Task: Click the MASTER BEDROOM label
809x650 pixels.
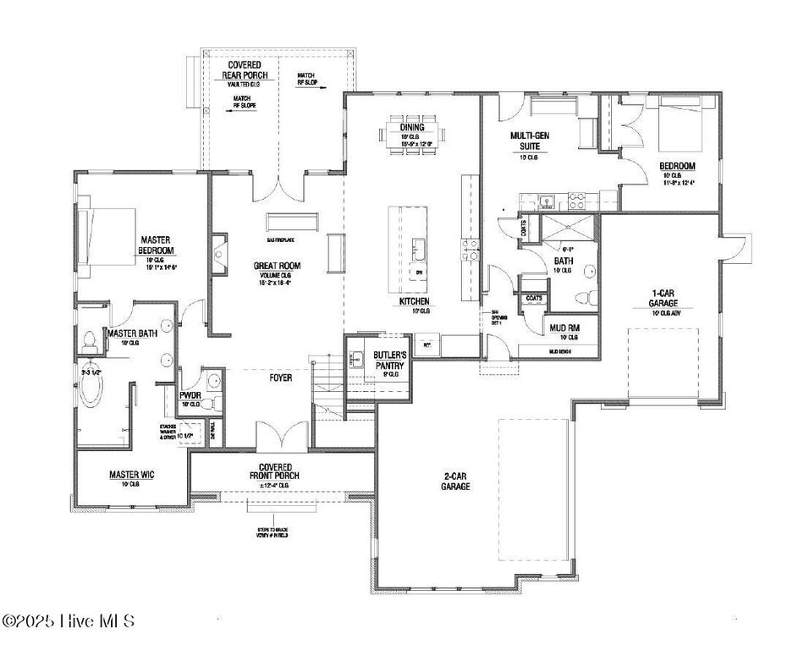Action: pos(157,245)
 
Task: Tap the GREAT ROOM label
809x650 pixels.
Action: pos(277,266)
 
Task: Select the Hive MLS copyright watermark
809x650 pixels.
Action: pos(69,621)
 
